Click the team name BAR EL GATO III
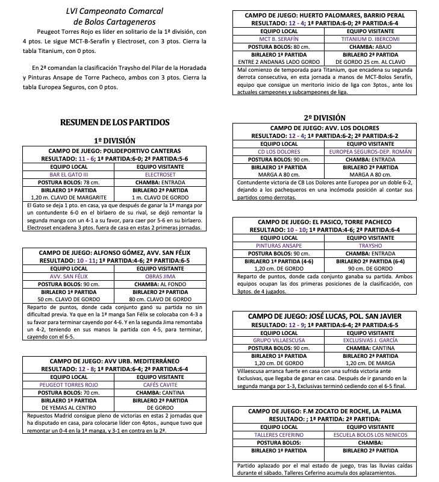click(73, 175)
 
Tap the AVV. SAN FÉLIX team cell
click(73, 275)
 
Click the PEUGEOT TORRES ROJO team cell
click(73, 384)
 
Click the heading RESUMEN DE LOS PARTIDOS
click(114, 122)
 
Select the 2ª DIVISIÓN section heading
click(325, 118)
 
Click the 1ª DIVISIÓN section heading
click(114, 140)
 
